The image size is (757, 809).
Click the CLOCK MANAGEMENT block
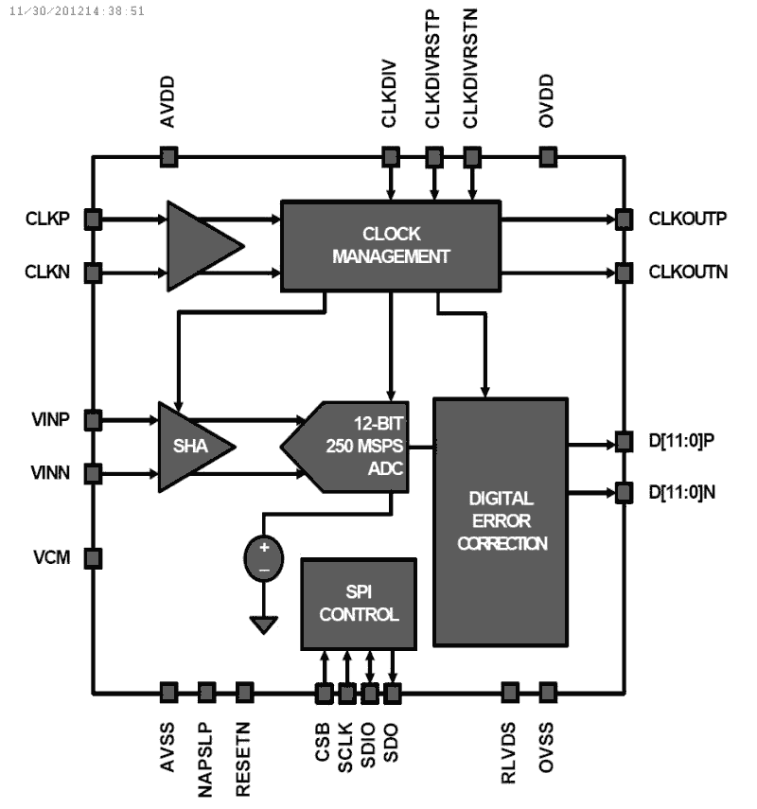tap(390, 245)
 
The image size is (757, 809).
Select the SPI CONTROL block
tap(359, 602)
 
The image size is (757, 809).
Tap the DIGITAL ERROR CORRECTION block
tap(500, 521)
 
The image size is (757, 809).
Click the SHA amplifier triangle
tap(190, 446)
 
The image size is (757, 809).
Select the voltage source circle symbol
tap(265, 558)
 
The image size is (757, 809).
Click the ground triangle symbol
tap(265, 624)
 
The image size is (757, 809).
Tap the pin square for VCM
tap(93, 557)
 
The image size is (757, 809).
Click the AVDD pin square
tap(168, 156)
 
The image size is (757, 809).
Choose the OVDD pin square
tap(546, 156)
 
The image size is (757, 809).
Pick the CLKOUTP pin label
tap(688, 220)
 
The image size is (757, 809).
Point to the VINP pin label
tap(51, 418)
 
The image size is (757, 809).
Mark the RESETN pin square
tap(244, 693)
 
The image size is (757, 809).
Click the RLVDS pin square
tap(510, 693)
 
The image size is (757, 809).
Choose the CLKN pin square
tap(93, 273)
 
